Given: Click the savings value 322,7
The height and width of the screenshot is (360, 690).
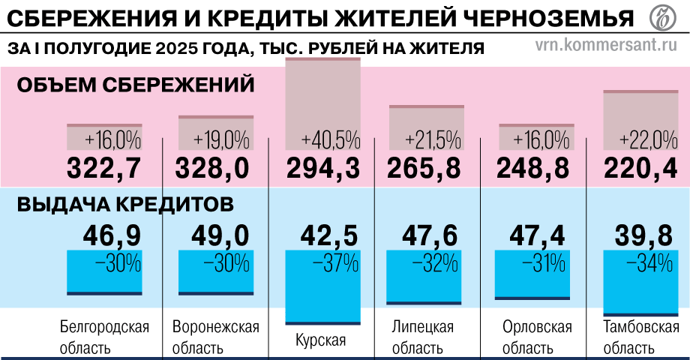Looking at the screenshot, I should coord(104,167).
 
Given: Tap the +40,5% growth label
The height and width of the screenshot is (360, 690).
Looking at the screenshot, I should coord(330,140).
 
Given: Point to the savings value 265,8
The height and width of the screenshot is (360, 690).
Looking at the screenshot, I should coord(424,167).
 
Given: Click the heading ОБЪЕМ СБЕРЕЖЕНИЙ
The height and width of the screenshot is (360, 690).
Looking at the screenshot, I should coord(136,85).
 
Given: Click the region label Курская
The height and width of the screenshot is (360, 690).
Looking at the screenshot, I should coord(320,340).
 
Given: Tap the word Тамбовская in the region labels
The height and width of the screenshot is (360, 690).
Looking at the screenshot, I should coord(640,328).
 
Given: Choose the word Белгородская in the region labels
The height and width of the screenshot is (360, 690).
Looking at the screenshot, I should coord(104,328).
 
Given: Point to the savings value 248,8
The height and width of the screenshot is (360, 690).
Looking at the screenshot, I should coord(535,167).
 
